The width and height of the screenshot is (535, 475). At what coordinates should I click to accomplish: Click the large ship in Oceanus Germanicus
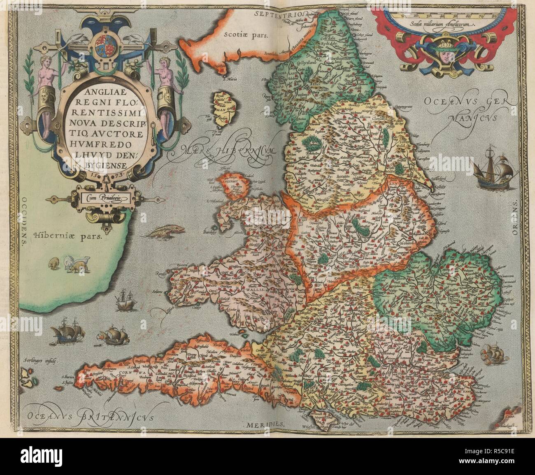[489, 169]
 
